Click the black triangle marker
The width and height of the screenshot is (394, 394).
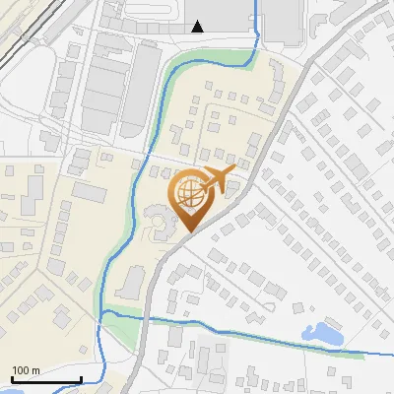[x=198, y=27]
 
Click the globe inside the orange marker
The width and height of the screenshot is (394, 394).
[x=188, y=195]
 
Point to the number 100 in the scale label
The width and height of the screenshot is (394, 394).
[x=21, y=370]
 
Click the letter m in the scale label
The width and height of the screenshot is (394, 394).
[x=35, y=370]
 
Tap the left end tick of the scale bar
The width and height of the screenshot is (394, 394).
[x=11, y=378]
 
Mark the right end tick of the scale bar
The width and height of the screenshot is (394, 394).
[x=81, y=378]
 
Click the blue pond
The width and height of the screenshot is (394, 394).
[x=322, y=334]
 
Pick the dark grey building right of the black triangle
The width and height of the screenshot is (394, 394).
[x=282, y=20]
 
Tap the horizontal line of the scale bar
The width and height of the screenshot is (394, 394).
[x=45, y=379]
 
